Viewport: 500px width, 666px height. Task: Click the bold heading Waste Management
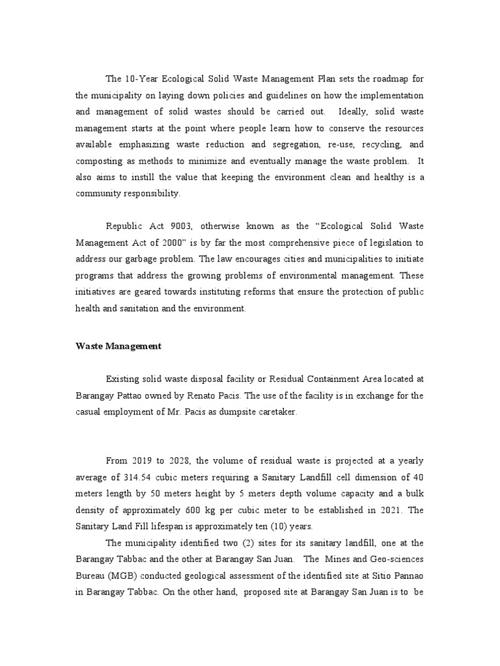tap(118, 347)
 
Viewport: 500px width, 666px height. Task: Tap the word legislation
tap(391, 243)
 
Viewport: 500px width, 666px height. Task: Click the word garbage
tap(148, 260)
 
